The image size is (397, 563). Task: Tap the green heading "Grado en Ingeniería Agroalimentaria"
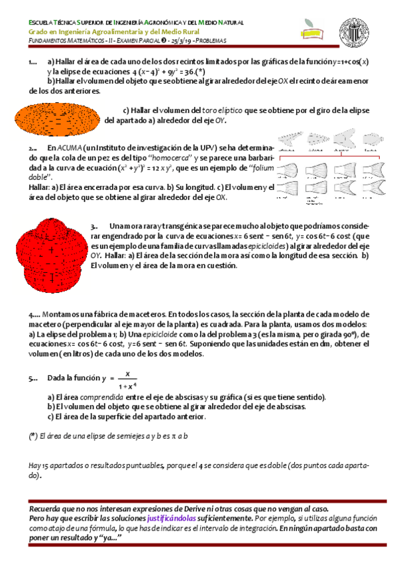101,31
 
